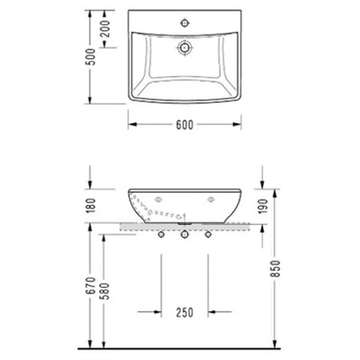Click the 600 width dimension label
click(x=185, y=125)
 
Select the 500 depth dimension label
click(x=91, y=57)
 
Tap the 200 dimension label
click(x=106, y=29)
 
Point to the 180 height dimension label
click(x=91, y=206)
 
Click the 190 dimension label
click(x=263, y=206)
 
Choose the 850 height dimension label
click(x=275, y=269)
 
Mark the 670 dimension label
click(x=90, y=286)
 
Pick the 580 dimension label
click(x=105, y=291)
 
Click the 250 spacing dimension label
click(x=185, y=313)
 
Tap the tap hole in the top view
click(x=185, y=23)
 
